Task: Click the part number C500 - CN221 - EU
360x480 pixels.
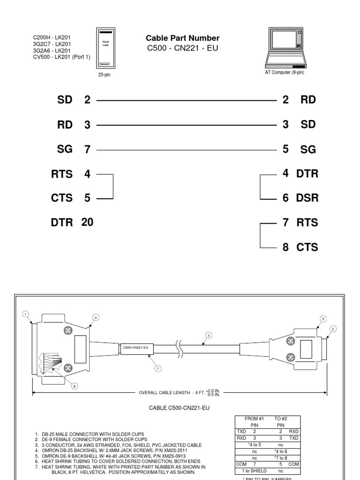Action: coord(182,48)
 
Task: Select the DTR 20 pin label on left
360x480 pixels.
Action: coord(72,223)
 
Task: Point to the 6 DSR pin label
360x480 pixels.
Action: coord(300,198)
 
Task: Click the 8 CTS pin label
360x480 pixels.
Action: coord(300,247)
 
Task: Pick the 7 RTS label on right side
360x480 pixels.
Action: coord(300,223)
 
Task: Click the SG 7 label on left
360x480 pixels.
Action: coord(73,150)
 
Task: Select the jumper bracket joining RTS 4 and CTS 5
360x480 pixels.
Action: coord(113,187)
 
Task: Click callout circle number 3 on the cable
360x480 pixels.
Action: coord(209,335)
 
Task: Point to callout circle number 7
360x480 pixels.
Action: coord(158,368)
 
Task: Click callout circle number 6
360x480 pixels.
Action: coord(74,386)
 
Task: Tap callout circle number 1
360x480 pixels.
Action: coord(26,314)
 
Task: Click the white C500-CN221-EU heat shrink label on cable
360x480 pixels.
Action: coord(135,347)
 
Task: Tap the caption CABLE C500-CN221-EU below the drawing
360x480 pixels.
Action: coord(179,408)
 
